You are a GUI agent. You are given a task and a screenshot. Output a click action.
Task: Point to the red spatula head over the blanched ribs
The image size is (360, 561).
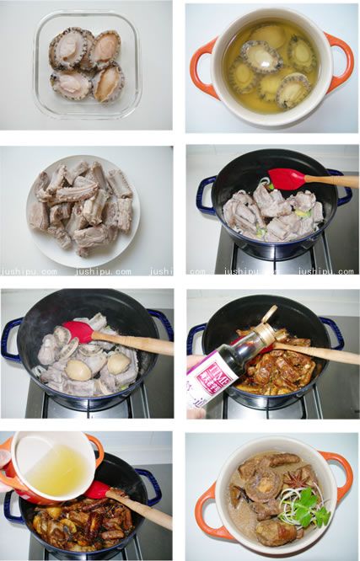[x=287, y=179]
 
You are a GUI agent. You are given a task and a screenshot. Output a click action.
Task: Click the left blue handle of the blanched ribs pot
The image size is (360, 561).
[x=206, y=195]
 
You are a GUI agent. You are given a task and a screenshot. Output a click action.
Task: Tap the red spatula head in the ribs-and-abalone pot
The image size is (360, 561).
[x=78, y=331]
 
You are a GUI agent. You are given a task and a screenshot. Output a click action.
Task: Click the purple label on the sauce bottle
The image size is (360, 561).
[x=208, y=378]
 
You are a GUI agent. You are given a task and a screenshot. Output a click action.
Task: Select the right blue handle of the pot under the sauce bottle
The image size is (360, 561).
[x=334, y=332]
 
